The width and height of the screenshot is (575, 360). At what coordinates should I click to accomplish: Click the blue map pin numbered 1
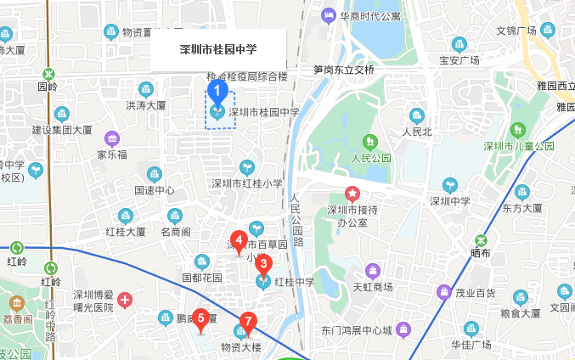[217, 88]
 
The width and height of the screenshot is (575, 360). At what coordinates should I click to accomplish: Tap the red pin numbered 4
[240, 240]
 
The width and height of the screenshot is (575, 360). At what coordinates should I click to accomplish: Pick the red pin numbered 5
[200, 319]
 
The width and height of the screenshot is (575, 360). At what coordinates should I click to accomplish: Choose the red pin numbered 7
[247, 322]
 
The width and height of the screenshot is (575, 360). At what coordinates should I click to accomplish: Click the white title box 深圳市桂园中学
[218, 49]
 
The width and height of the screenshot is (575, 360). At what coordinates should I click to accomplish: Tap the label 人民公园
[371, 157]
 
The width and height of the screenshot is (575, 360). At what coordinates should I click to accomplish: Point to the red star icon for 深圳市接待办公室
[352, 194]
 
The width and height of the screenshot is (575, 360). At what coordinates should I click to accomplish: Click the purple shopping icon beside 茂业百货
[443, 293]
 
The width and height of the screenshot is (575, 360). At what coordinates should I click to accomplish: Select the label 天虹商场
[373, 287]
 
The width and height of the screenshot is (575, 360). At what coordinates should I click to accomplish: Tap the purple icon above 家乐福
[111, 138]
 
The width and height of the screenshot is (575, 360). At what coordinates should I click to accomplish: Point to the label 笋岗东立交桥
[343, 70]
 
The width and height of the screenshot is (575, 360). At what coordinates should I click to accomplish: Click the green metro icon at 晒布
[481, 239]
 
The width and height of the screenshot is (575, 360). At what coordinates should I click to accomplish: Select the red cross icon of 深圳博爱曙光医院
[125, 300]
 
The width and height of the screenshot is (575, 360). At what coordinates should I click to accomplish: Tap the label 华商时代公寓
[370, 15]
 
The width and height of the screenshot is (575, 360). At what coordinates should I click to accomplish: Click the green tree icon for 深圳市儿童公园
[518, 129]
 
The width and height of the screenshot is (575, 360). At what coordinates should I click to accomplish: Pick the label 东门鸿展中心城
[357, 329]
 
